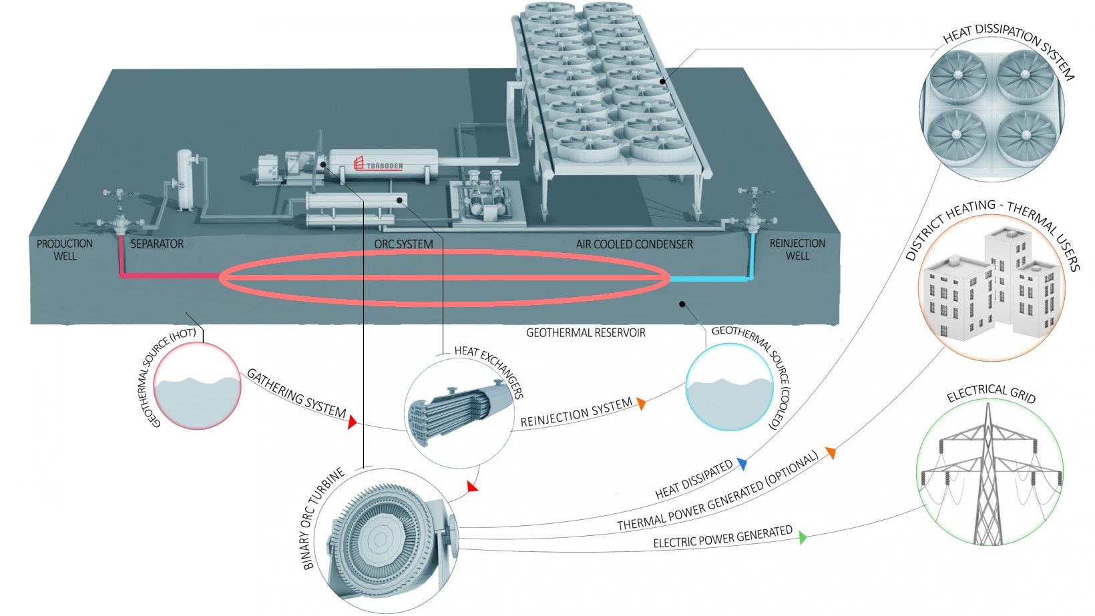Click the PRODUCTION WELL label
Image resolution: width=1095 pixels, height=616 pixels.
coord(65,250)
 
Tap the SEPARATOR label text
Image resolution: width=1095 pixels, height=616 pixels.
coord(157,244)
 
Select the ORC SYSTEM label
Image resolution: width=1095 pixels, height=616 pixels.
coord(403,244)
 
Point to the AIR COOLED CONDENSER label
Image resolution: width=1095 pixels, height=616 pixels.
coord(634,244)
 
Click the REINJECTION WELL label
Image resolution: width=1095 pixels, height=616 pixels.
coord(797,249)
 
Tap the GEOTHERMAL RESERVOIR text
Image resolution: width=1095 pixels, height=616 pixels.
coord(586,332)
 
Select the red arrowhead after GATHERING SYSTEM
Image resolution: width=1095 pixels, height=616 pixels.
coord(352,421)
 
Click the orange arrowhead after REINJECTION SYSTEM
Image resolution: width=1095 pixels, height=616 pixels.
coord(641,403)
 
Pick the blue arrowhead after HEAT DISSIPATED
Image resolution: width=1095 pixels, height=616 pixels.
coord(742,464)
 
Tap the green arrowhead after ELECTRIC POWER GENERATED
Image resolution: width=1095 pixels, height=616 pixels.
coord(803,537)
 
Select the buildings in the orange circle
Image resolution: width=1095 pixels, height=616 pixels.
coord(992,287)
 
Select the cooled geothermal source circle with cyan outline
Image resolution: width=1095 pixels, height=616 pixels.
coord(730,387)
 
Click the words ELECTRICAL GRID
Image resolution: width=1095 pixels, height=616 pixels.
coord(991,394)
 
